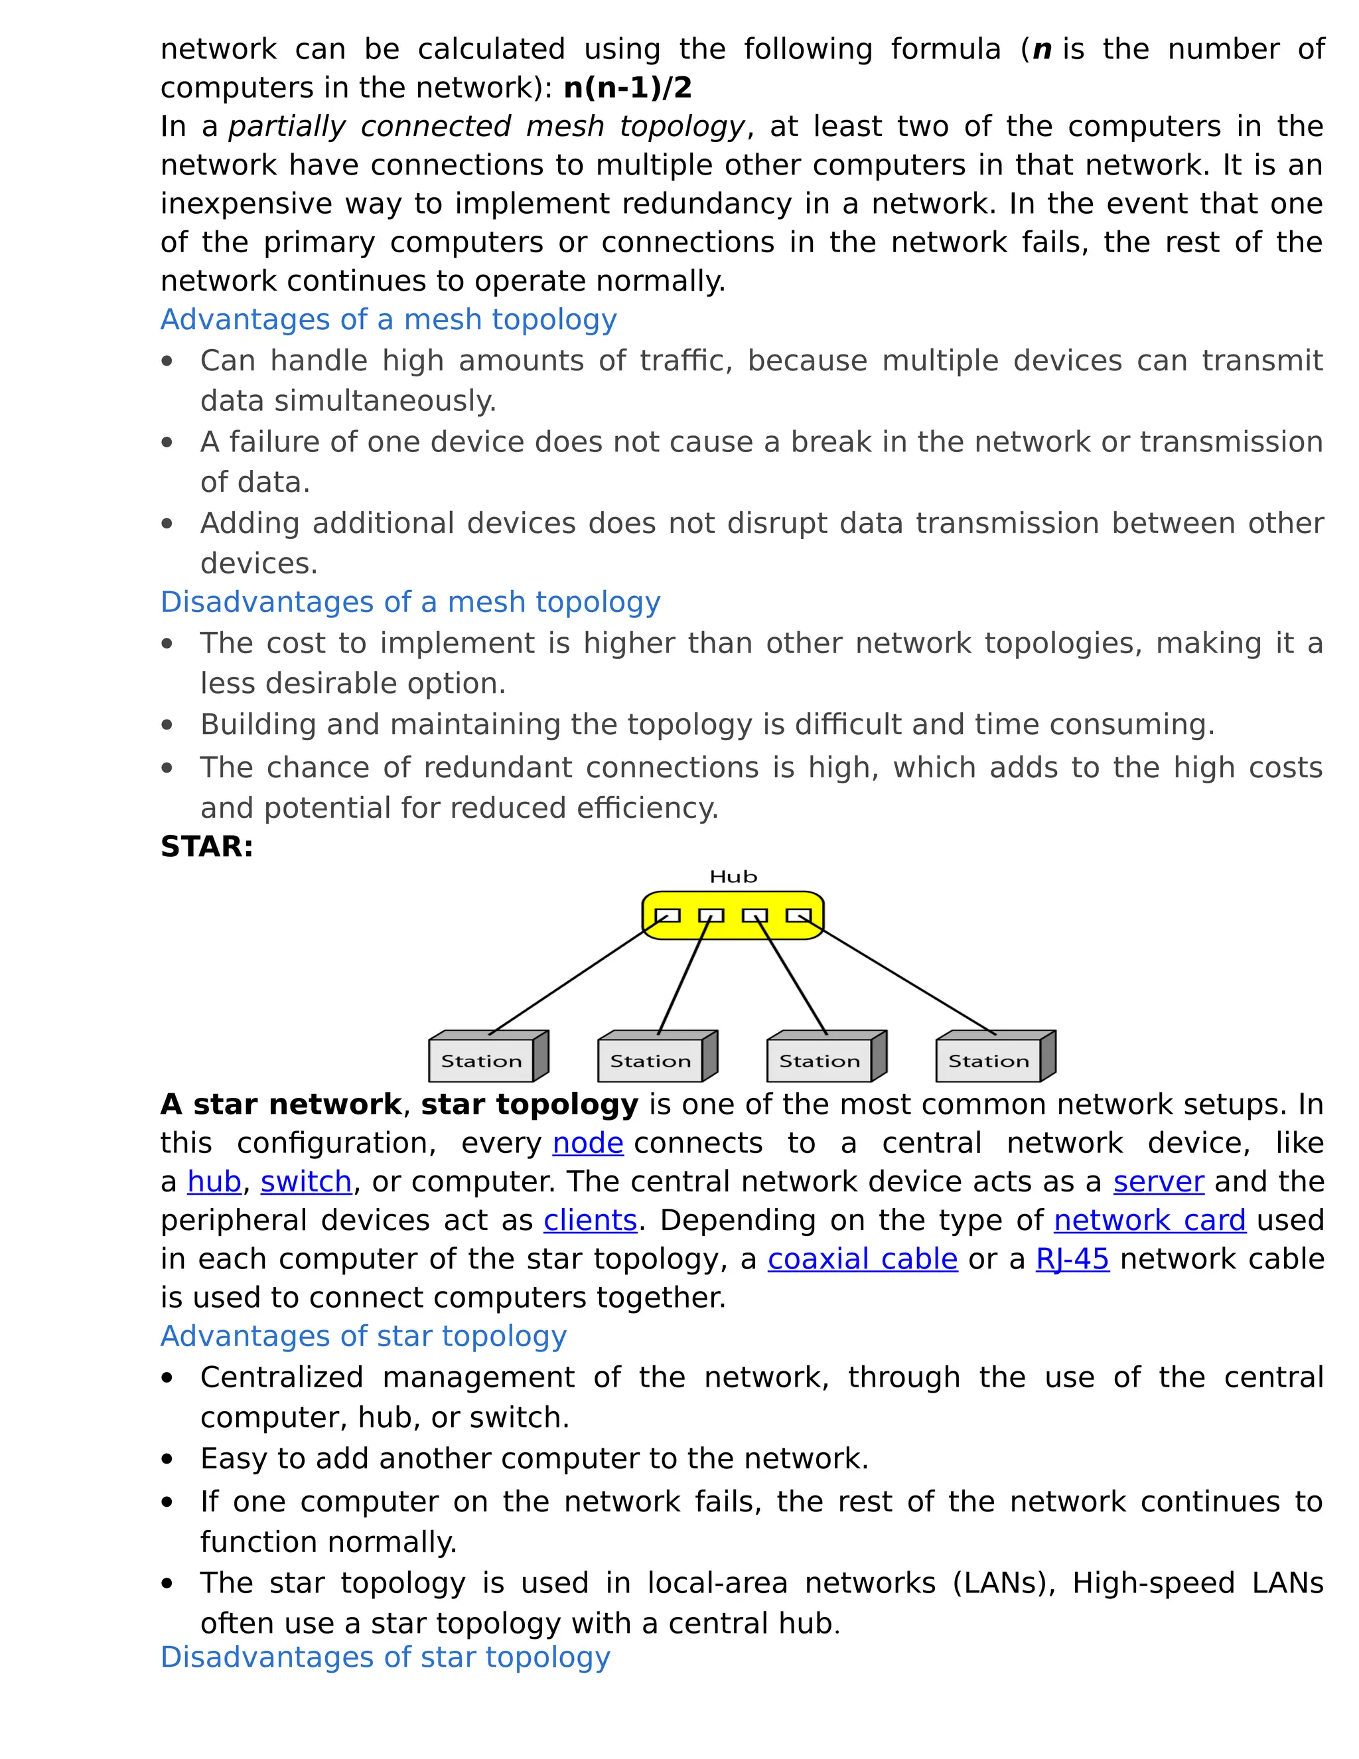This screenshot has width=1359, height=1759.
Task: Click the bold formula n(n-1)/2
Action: (x=627, y=88)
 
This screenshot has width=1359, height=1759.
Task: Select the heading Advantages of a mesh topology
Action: (x=388, y=320)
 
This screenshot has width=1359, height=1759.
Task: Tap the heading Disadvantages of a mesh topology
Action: (x=410, y=603)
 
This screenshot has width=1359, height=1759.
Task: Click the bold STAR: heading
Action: (x=207, y=846)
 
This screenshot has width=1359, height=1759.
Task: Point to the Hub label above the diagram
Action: (x=733, y=876)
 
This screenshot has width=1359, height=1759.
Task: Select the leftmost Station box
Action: (x=482, y=1061)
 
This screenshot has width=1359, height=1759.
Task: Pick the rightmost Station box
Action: (x=989, y=1061)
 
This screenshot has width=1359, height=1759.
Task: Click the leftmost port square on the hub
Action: (x=668, y=916)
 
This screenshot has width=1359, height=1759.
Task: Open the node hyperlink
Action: (x=588, y=1143)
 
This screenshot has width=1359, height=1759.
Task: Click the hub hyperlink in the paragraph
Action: (x=214, y=1182)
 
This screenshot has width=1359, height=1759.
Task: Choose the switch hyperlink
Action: (x=306, y=1182)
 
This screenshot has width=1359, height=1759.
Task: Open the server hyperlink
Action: (x=1159, y=1182)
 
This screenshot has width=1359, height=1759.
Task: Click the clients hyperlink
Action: (x=590, y=1220)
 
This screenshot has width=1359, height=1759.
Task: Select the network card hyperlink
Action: (x=1150, y=1220)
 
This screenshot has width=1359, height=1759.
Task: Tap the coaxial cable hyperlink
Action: (x=862, y=1259)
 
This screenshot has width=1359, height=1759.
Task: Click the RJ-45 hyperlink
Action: (x=1072, y=1259)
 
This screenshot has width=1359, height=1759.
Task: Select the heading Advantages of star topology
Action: (x=363, y=1336)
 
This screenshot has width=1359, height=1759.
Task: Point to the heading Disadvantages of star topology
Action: (x=385, y=1657)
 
